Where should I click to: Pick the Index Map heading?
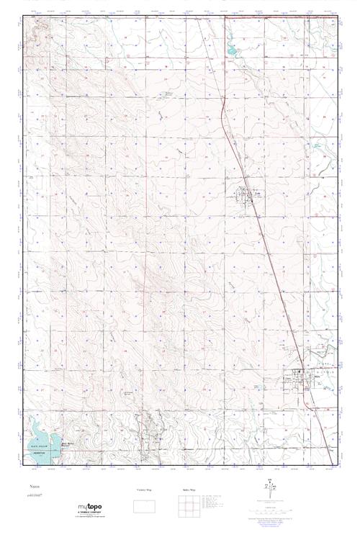[187, 490]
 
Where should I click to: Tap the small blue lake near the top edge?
[233, 52]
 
